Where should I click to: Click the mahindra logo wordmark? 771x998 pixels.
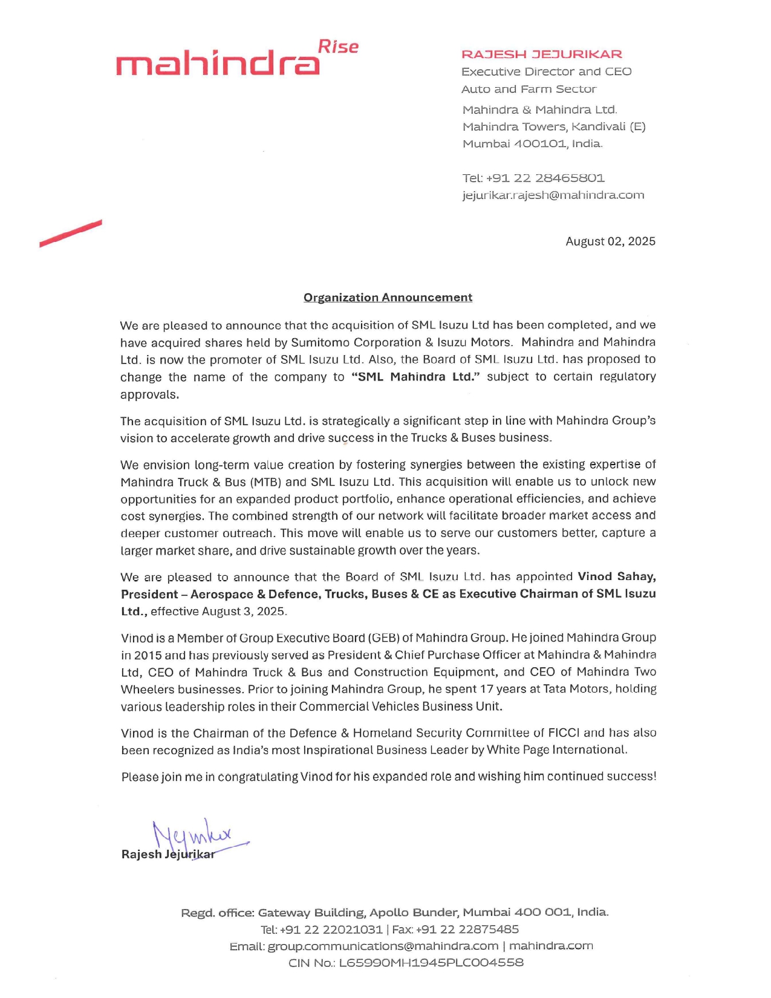(x=218, y=64)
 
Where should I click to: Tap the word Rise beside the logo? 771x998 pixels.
(x=338, y=47)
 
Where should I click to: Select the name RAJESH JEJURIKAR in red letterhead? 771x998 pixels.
(x=541, y=54)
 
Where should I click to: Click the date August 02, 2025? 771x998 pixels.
(x=610, y=241)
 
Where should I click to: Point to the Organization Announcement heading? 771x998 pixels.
(x=388, y=298)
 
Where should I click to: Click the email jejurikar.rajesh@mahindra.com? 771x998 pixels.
(x=553, y=195)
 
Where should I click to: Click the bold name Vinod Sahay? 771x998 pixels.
(x=616, y=576)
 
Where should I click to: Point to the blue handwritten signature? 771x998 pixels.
(x=194, y=837)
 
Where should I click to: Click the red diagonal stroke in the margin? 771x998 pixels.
(x=71, y=233)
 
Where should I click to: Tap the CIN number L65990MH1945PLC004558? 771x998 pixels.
(x=431, y=963)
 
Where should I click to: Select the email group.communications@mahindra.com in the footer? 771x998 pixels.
(x=383, y=946)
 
